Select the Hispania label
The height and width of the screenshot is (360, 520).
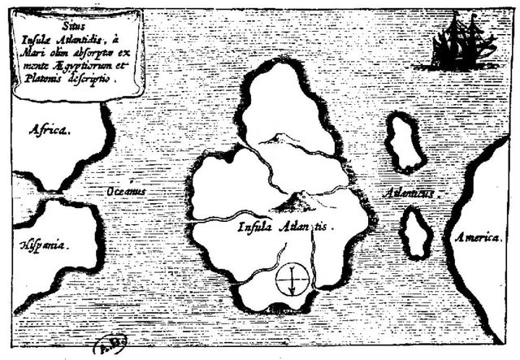coord(44,243)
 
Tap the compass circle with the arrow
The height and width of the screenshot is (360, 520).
coord(289,280)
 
